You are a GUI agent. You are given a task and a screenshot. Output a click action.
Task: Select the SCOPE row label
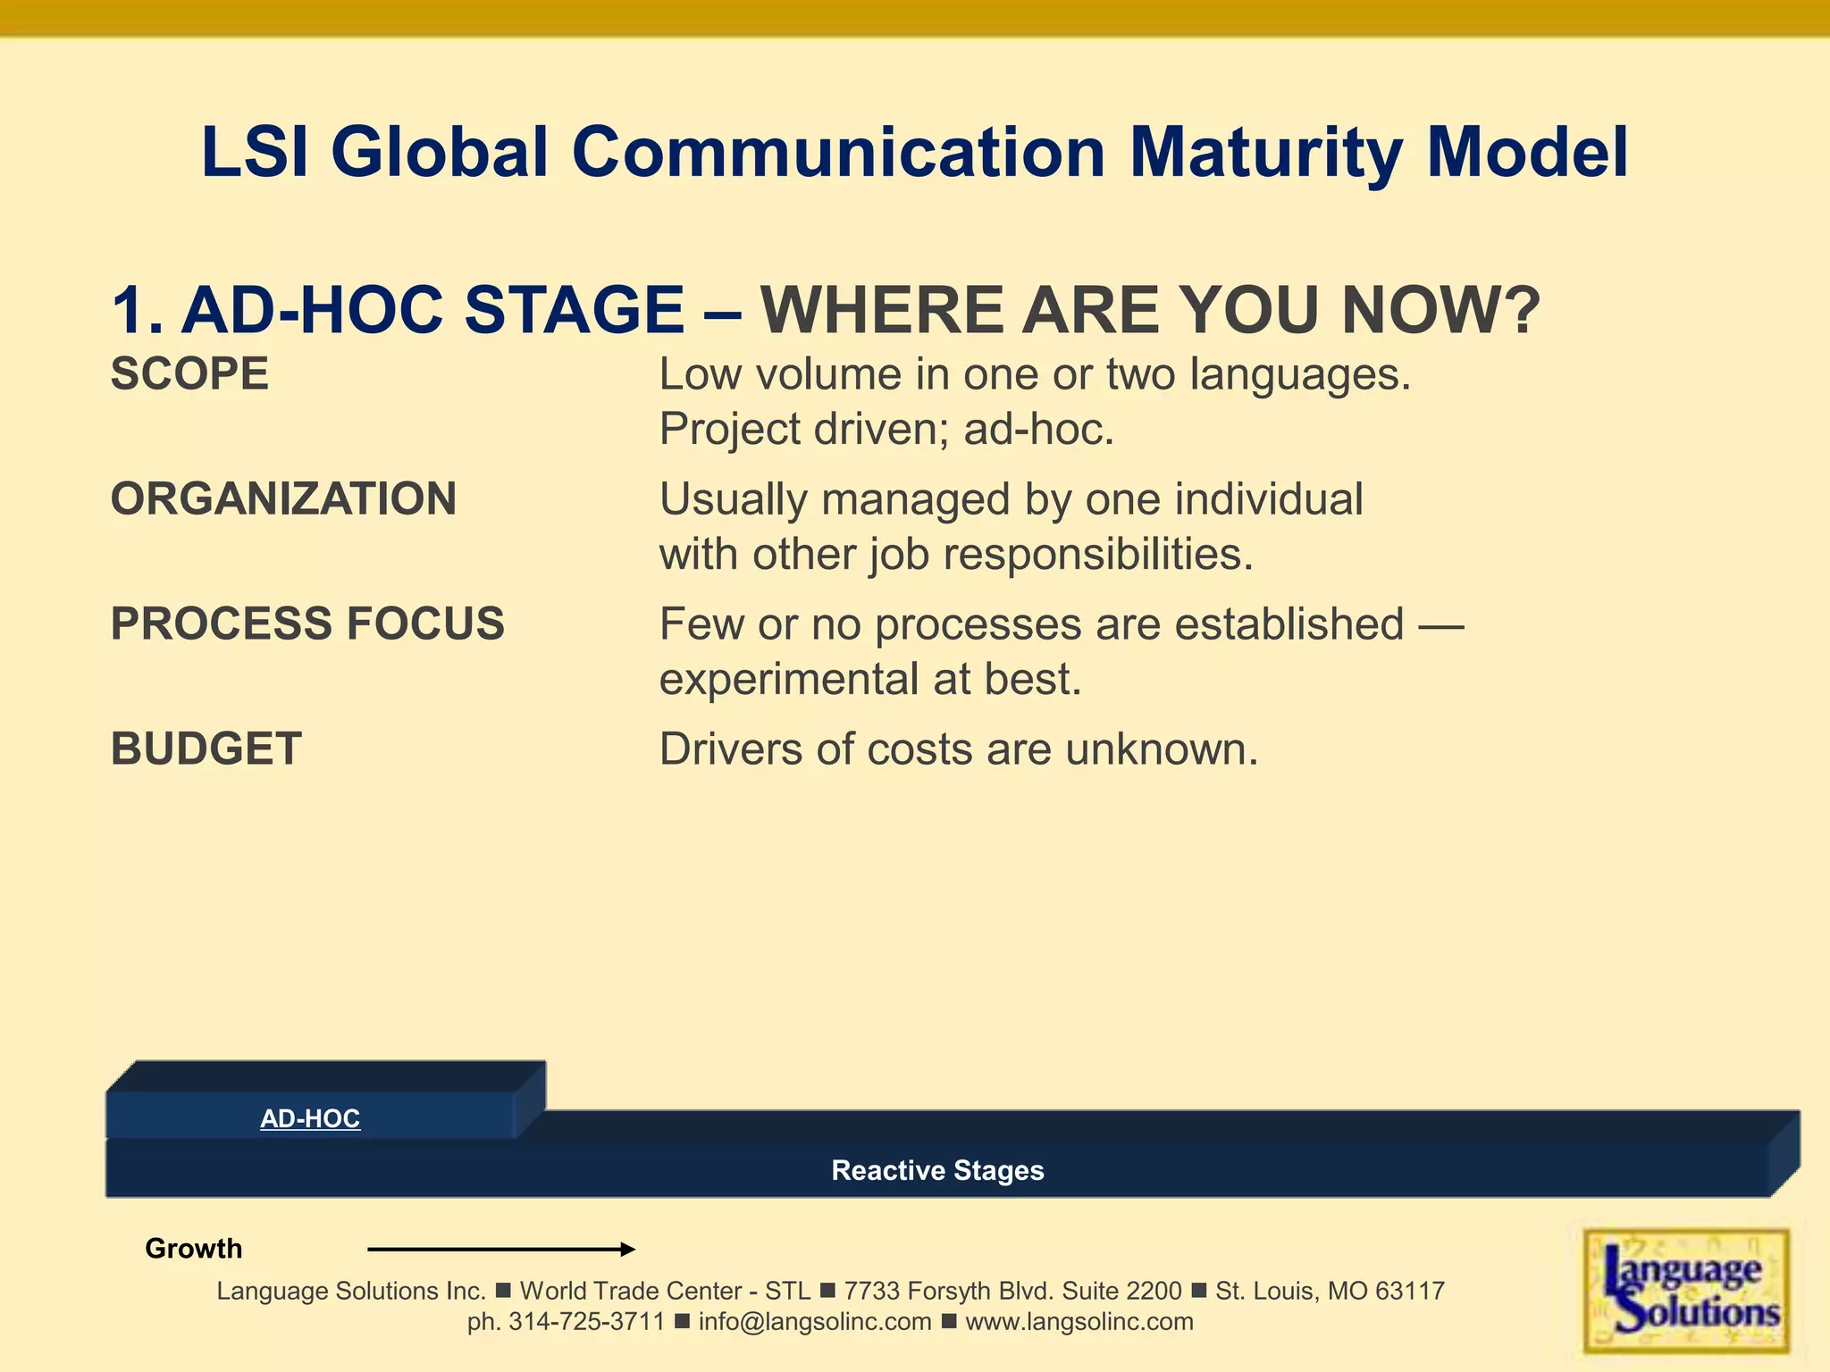(189, 373)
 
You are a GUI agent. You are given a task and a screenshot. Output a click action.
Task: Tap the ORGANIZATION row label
(283, 498)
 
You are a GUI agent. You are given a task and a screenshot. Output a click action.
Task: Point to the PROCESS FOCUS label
(307, 623)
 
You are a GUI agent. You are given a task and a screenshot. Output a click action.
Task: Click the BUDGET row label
(206, 749)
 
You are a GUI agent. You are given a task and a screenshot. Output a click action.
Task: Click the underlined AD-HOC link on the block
(310, 1118)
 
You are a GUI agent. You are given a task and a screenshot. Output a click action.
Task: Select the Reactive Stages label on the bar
(937, 1170)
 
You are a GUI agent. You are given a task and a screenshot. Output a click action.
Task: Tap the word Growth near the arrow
(193, 1248)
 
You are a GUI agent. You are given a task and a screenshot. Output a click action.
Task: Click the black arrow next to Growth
(500, 1249)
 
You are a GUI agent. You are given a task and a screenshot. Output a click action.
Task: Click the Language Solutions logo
(1685, 1291)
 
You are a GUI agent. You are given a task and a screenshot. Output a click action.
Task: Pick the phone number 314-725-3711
(586, 1322)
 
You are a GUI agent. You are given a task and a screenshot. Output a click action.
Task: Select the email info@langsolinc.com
(814, 1322)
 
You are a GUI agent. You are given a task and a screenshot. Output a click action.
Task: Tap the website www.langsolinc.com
(1079, 1322)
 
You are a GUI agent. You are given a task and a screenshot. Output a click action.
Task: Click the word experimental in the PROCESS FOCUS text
(789, 679)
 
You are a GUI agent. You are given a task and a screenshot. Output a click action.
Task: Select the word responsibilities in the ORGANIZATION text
(1098, 554)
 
